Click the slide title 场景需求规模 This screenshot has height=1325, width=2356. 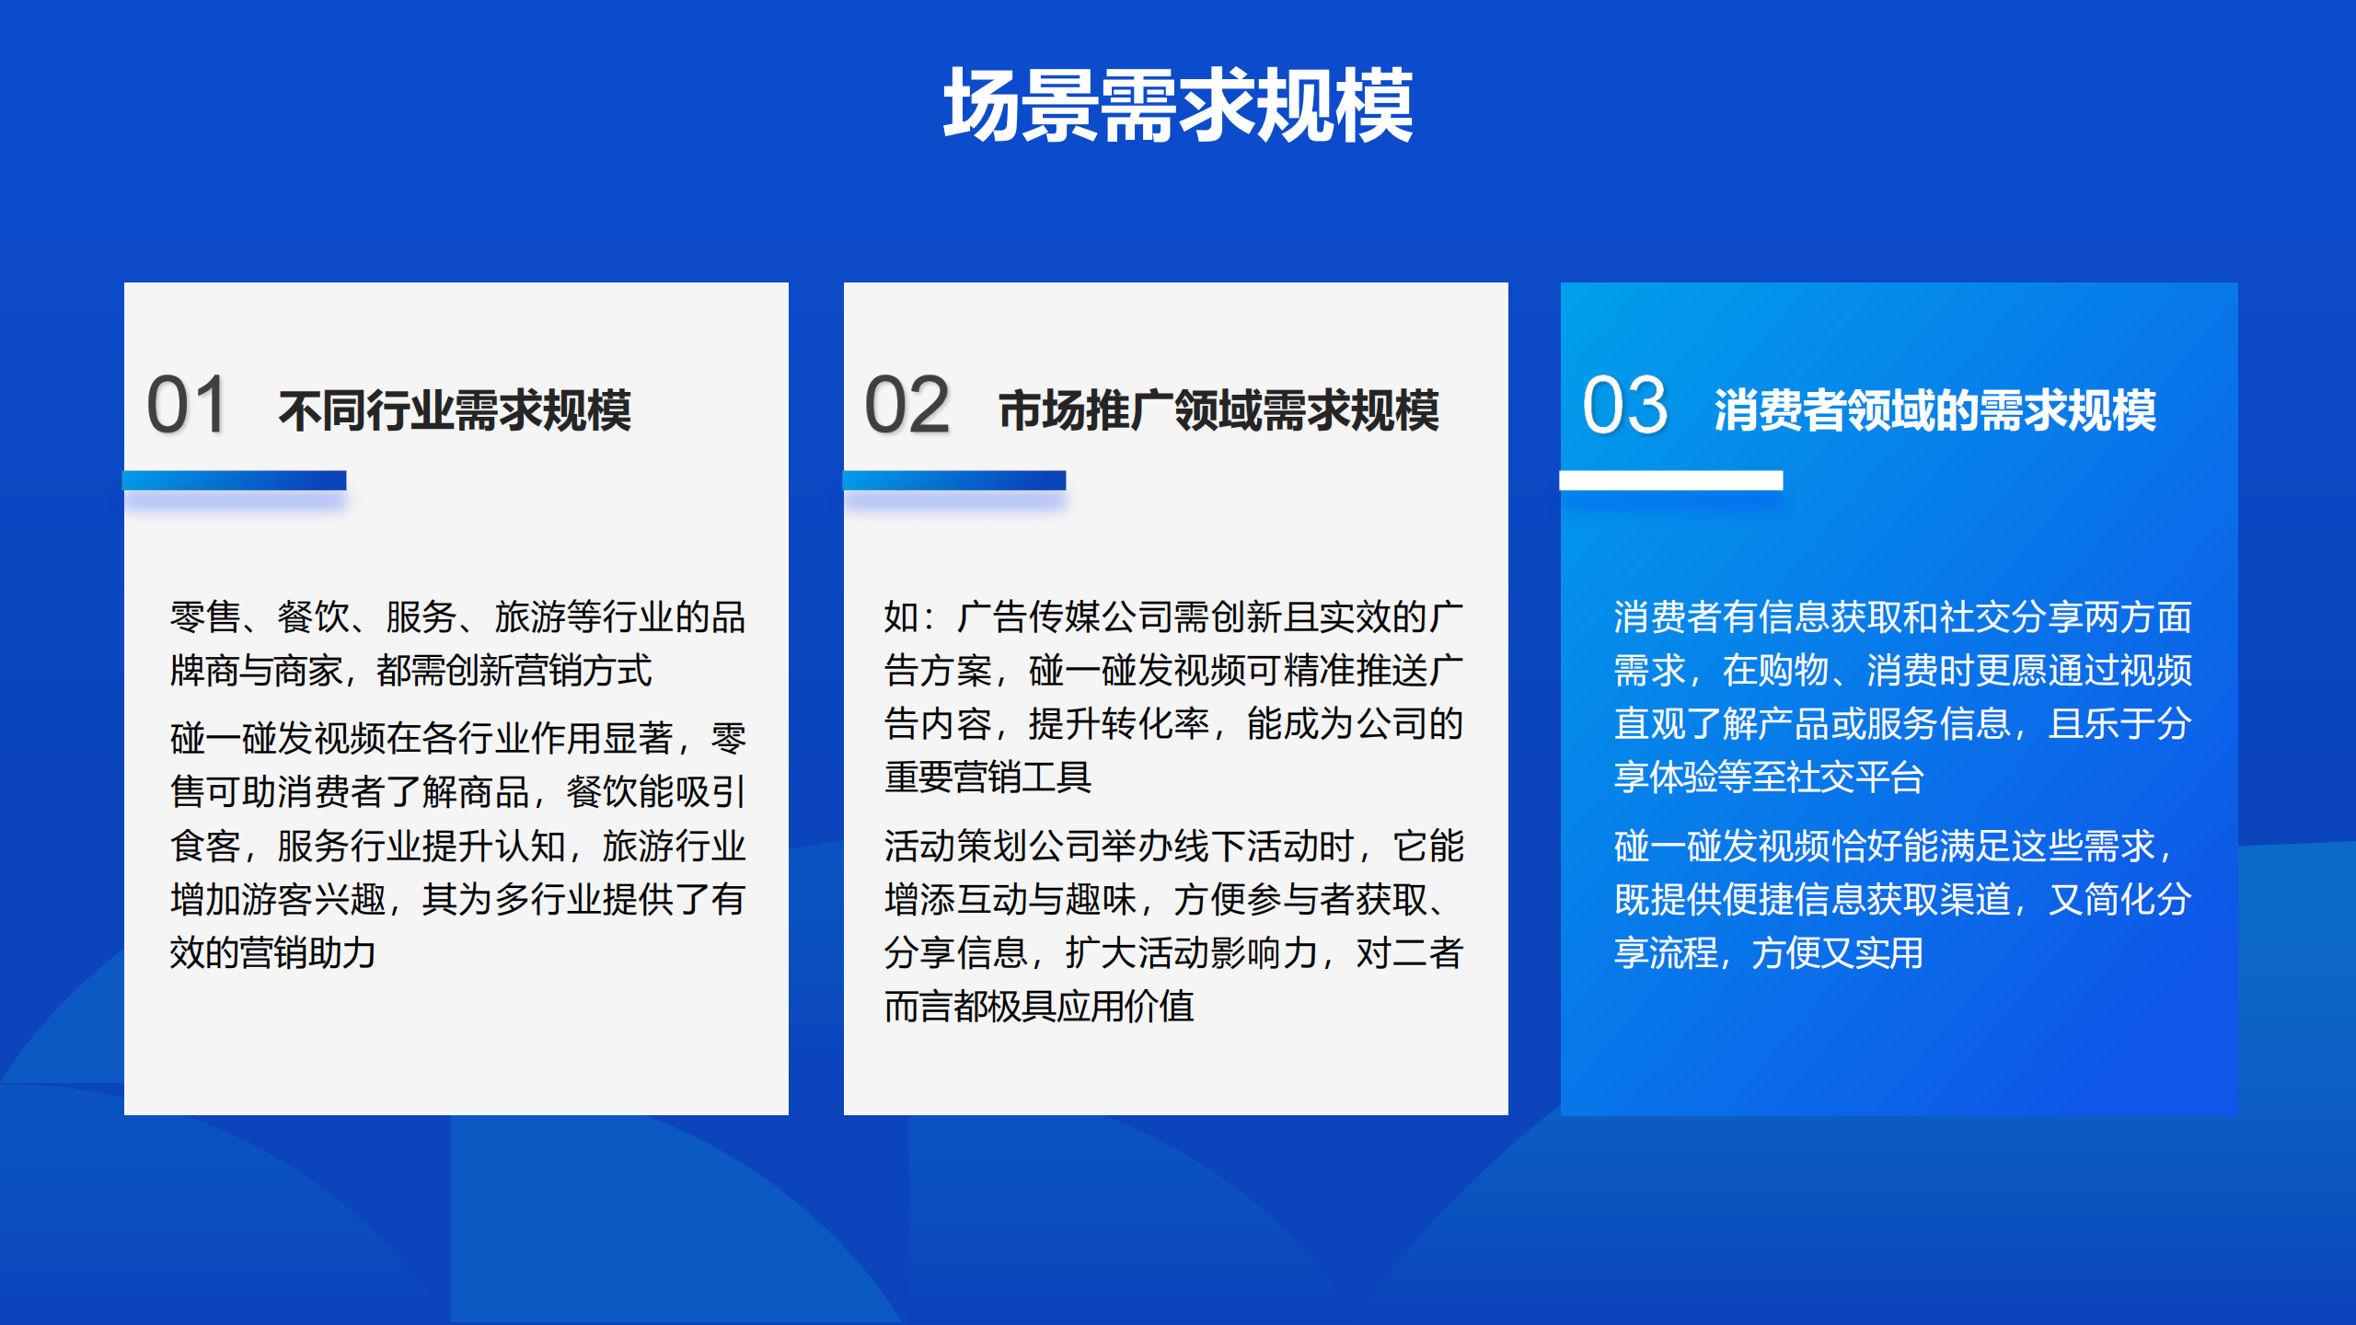1178,106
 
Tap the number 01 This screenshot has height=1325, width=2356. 187,405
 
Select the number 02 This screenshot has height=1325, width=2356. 907,405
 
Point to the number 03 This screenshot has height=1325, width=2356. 1624,405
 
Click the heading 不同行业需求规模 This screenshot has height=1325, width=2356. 456,410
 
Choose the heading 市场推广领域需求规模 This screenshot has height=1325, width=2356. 1218,410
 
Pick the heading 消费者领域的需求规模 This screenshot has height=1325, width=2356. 1934,410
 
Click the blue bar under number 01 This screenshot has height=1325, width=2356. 235,480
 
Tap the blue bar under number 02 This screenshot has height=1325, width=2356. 954,480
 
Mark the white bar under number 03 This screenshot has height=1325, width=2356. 1671,480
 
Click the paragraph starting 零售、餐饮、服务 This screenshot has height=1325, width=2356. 457,643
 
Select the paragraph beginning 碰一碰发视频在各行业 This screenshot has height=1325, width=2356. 457,845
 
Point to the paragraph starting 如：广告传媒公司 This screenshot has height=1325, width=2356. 1173,697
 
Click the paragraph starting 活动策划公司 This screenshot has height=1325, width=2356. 1173,926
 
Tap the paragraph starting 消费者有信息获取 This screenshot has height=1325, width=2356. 1902,697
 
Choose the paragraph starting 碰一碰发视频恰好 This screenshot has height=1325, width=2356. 1902,899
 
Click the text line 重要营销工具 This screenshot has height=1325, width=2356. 987,778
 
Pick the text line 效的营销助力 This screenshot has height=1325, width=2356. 272,952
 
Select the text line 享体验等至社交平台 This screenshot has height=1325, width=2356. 1769,778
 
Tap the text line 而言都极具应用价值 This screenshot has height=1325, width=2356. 1039,1007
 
